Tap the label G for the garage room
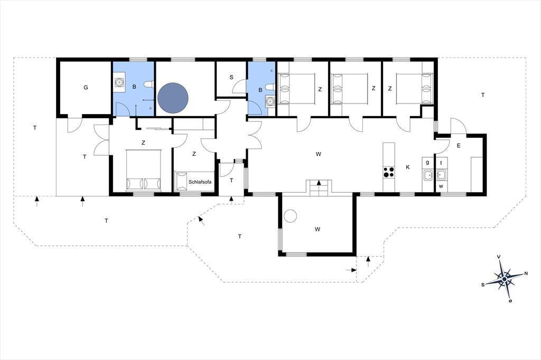pyautogui.click(x=86, y=88)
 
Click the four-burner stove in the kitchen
pyautogui.click(x=389, y=172)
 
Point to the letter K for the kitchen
pyautogui.click(x=408, y=167)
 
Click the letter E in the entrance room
pyautogui.click(x=459, y=146)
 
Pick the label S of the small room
pyautogui.click(x=231, y=77)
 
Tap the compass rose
pyautogui.click(x=505, y=278)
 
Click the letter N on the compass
pyautogui.click(x=526, y=273)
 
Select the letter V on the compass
pyautogui.click(x=499, y=257)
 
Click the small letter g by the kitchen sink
pyautogui.click(x=428, y=163)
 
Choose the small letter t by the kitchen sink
pyautogui.click(x=441, y=163)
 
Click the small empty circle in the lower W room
pyautogui.click(x=290, y=216)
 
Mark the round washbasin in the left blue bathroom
pyautogui.click(x=119, y=82)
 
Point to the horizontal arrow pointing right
pyautogui.click(x=351, y=270)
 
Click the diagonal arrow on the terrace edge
pyautogui.click(x=201, y=221)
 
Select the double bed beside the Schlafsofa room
pyautogui.click(x=143, y=170)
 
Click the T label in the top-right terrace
pyautogui.click(x=483, y=95)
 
